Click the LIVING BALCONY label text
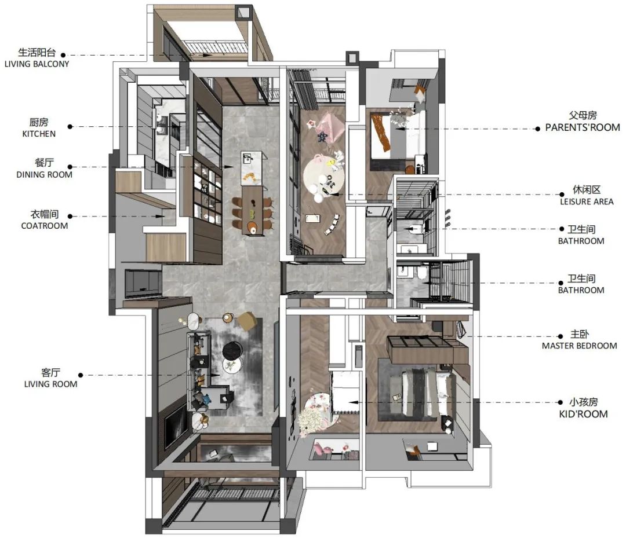tap(37, 64)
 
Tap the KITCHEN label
tap(39, 134)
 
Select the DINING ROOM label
tap(44, 175)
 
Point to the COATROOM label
tap(44, 226)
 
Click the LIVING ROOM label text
tap(50, 384)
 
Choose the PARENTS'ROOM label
tap(583, 127)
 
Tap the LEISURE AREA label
tap(587, 201)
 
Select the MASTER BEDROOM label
tap(579, 346)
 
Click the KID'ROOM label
tap(583, 414)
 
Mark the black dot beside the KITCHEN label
tap(70, 127)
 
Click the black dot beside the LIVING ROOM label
tap(80, 375)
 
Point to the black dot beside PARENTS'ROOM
tap(537, 129)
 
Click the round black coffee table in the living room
tap(232, 351)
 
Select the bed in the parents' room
tap(397, 135)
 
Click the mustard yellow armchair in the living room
tap(248, 321)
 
